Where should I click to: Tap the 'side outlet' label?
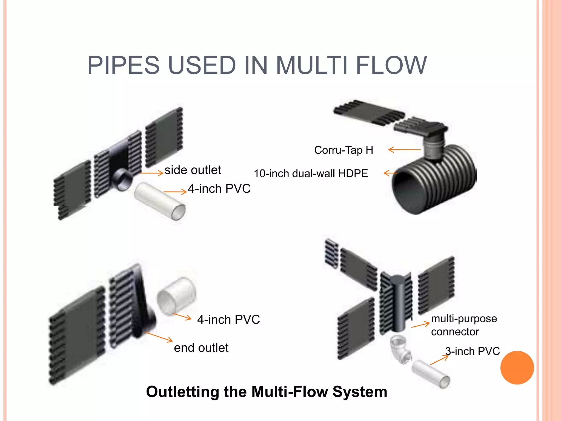coord(193,170)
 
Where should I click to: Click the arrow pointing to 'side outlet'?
coord(152,173)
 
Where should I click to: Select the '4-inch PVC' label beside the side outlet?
coord(219,189)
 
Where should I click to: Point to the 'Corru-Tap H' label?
coord(344,150)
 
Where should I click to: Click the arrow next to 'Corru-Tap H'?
coord(404,150)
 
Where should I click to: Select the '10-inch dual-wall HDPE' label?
coord(311,173)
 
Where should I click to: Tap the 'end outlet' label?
coord(201,348)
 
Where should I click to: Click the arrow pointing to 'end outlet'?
coord(159,337)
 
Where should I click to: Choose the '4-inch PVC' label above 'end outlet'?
coord(228,320)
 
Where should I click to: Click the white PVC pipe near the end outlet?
coord(177,296)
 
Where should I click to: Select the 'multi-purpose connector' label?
coord(463,325)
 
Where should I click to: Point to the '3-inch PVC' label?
coord(473,351)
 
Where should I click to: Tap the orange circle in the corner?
coord(517,368)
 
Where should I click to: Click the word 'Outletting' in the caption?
coord(182,391)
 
